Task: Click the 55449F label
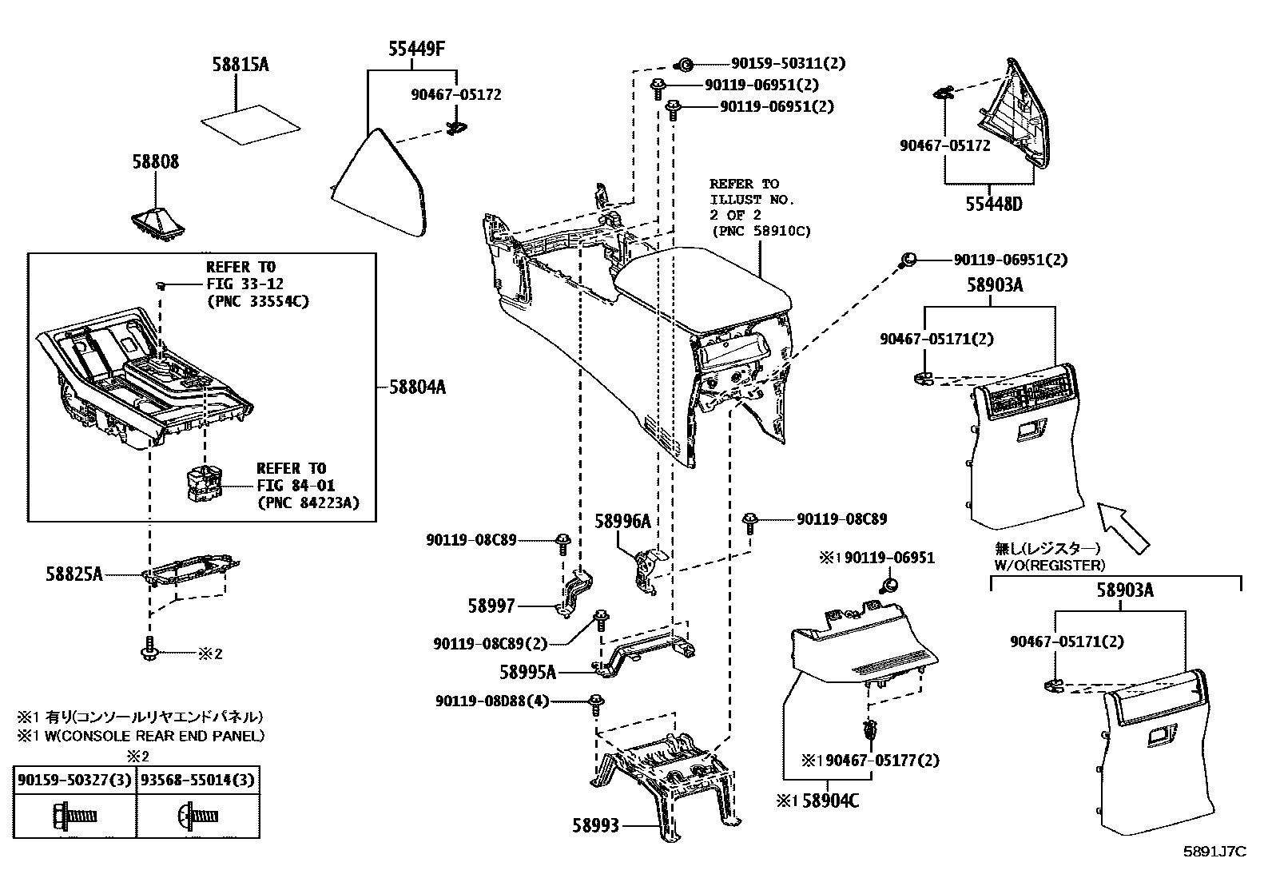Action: (x=416, y=50)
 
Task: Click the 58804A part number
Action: (x=417, y=387)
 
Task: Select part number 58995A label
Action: (x=527, y=672)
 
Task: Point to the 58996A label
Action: (x=622, y=521)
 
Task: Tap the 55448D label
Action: (x=993, y=205)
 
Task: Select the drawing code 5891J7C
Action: (x=1214, y=852)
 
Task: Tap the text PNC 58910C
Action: (x=760, y=231)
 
